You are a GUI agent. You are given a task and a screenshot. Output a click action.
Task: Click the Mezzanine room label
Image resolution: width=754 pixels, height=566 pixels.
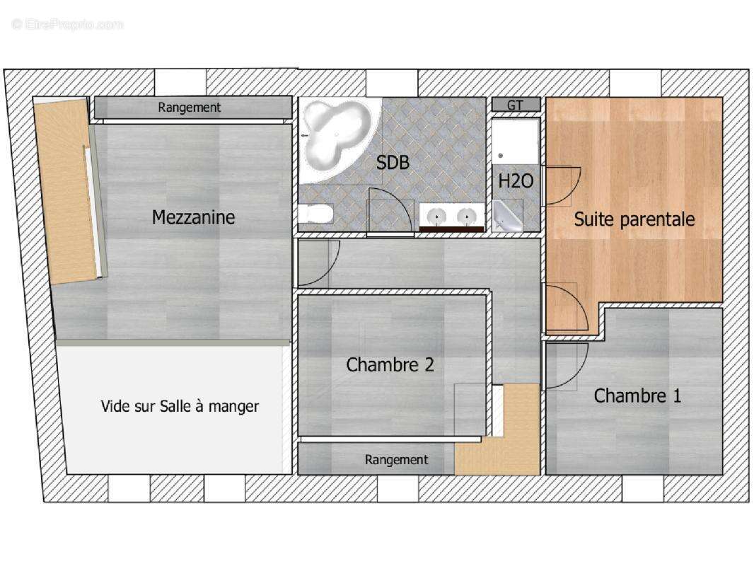click(x=193, y=217)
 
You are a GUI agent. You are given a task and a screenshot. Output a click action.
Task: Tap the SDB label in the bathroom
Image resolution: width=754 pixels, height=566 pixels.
click(x=393, y=163)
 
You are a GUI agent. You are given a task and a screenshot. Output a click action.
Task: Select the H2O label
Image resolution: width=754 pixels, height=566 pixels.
click(x=515, y=181)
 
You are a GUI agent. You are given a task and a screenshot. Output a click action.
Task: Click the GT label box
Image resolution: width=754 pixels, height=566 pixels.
click(x=516, y=105)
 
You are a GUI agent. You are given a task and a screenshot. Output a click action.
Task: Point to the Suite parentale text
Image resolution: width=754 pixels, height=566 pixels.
click(x=634, y=219)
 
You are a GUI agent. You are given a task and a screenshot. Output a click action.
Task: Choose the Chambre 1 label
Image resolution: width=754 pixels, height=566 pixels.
click(x=637, y=395)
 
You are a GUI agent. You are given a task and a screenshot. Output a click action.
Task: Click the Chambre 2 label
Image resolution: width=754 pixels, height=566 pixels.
click(x=390, y=364)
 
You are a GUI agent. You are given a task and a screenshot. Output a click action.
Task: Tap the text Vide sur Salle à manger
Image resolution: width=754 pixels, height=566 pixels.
click(x=180, y=406)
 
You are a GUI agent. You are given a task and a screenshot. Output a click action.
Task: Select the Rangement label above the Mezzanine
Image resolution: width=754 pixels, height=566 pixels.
click(x=190, y=108)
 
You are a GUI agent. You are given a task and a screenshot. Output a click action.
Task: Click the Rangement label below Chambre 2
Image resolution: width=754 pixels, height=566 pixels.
click(x=396, y=459)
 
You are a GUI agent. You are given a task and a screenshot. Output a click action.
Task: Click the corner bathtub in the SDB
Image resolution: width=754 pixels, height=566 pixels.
click(x=335, y=133)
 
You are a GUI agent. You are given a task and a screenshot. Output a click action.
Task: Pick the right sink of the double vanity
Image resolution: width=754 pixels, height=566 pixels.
click(x=465, y=215)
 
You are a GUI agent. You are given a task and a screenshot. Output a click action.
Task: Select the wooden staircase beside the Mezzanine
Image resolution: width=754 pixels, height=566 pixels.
click(x=68, y=191)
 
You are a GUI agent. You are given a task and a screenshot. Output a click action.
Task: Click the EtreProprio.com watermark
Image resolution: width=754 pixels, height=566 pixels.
click(x=67, y=24)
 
